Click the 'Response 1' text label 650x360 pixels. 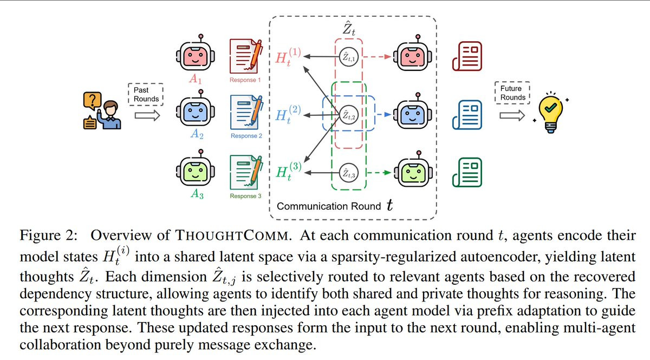click(246, 80)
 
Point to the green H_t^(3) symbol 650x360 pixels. click(289, 172)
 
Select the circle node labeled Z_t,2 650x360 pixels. click(347, 115)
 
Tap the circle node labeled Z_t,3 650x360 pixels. click(347, 173)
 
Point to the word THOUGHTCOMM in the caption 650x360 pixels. click(211, 235)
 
